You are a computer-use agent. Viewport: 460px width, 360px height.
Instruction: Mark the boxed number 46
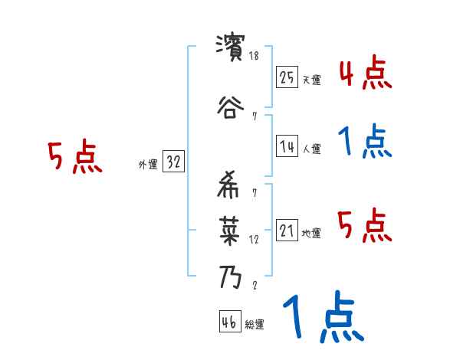click(x=229, y=322)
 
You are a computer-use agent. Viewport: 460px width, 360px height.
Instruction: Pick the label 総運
click(x=254, y=325)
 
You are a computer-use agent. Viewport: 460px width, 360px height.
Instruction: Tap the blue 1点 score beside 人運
click(x=365, y=142)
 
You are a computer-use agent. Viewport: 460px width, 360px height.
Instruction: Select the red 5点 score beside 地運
click(x=365, y=226)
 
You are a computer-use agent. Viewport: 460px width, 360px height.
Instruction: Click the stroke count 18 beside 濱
click(x=255, y=56)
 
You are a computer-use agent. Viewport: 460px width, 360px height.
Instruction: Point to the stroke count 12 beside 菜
click(x=255, y=239)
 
